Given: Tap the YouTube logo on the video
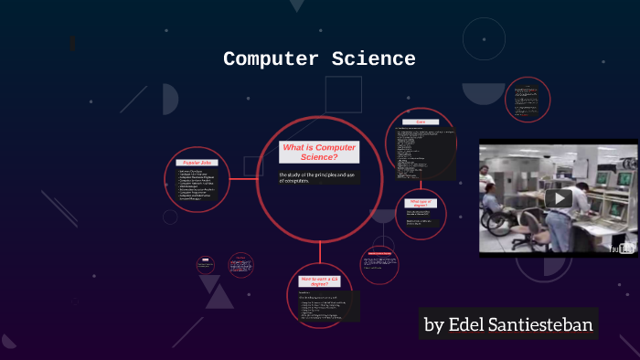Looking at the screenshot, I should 624,248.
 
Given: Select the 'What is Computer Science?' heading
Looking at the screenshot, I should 318,152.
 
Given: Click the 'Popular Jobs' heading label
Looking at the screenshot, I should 197,162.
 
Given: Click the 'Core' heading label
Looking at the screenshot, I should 421,122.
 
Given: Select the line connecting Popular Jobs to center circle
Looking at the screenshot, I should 241,179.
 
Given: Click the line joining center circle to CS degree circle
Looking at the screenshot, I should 319,253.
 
